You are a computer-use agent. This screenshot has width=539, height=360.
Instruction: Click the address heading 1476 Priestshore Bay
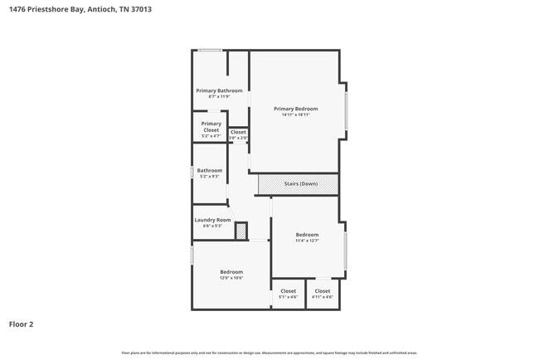(x=80, y=10)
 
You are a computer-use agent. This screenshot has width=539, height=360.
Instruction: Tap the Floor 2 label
(x=22, y=324)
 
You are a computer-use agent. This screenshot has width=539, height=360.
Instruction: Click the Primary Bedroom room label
(x=296, y=109)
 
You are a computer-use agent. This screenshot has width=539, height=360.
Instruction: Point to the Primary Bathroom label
(x=219, y=90)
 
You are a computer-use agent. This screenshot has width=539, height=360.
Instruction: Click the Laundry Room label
(x=212, y=220)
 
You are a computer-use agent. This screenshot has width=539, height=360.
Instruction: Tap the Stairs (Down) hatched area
(x=298, y=183)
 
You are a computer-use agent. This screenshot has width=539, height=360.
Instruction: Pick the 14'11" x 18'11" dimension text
(x=296, y=114)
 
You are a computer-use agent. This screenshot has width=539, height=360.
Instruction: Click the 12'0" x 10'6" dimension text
(x=231, y=278)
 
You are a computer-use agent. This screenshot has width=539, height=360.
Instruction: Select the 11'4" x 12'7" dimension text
(x=307, y=241)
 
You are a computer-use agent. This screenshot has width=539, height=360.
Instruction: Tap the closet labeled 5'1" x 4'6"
(x=288, y=297)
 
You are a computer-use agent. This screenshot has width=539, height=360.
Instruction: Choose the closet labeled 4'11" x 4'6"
(x=322, y=297)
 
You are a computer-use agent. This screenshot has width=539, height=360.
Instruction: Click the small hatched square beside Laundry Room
(x=241, y=231)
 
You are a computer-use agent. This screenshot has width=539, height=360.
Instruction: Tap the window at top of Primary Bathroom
(x=210, y=51)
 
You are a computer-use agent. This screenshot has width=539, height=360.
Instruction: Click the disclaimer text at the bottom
(x=269, y=353)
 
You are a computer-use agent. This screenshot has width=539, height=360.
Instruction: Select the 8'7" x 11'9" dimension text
(x=219, y=96)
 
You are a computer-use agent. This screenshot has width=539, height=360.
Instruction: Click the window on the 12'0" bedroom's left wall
(x=192, y=255)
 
